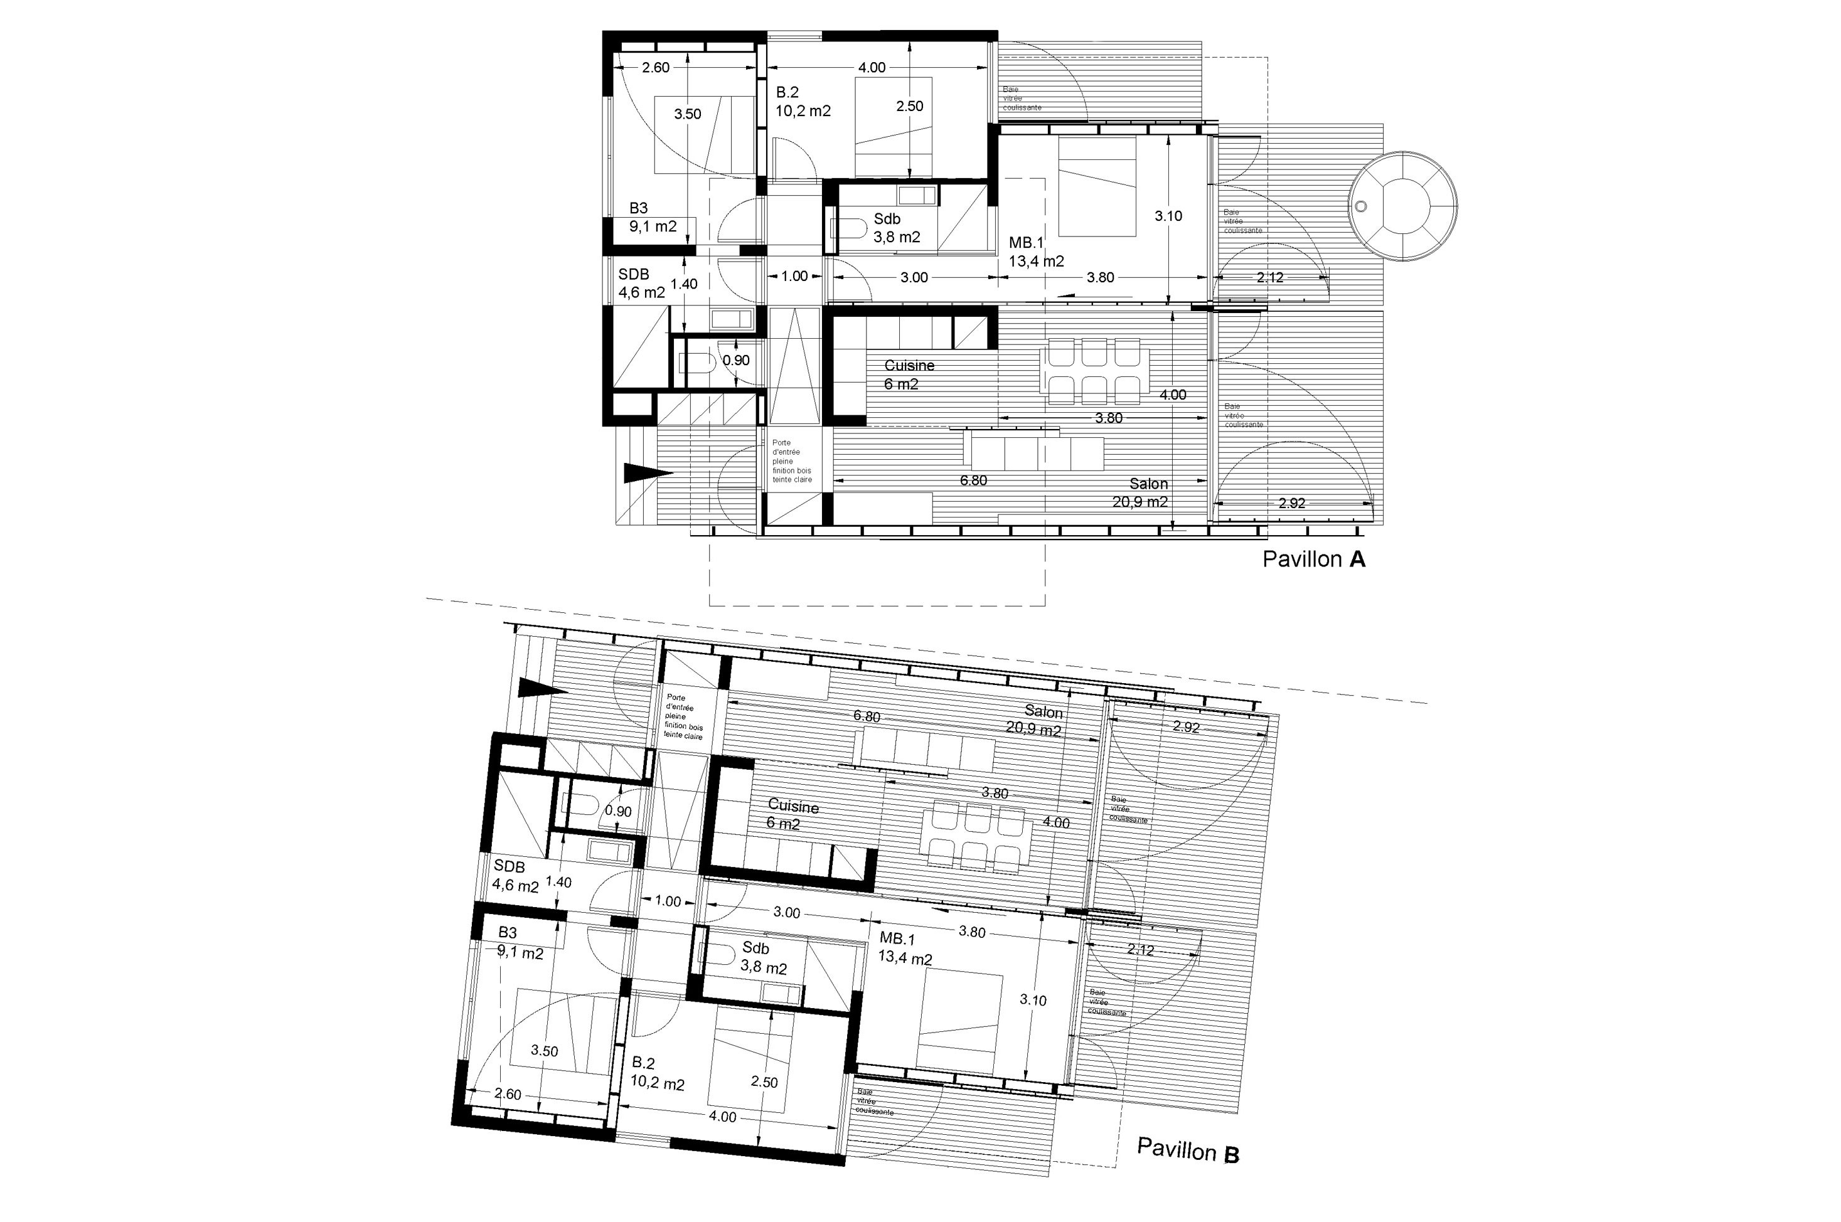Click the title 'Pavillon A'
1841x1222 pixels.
point(1314,559)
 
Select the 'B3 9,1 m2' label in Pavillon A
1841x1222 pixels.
point(653,218)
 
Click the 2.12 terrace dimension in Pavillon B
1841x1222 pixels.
point(1140,950)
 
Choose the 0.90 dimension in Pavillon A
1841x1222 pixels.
point(736,360)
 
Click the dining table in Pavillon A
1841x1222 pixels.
point(1094,370)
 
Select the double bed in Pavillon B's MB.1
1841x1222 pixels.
point(958,1022)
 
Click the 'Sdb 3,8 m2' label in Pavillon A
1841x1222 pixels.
point(896,228)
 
